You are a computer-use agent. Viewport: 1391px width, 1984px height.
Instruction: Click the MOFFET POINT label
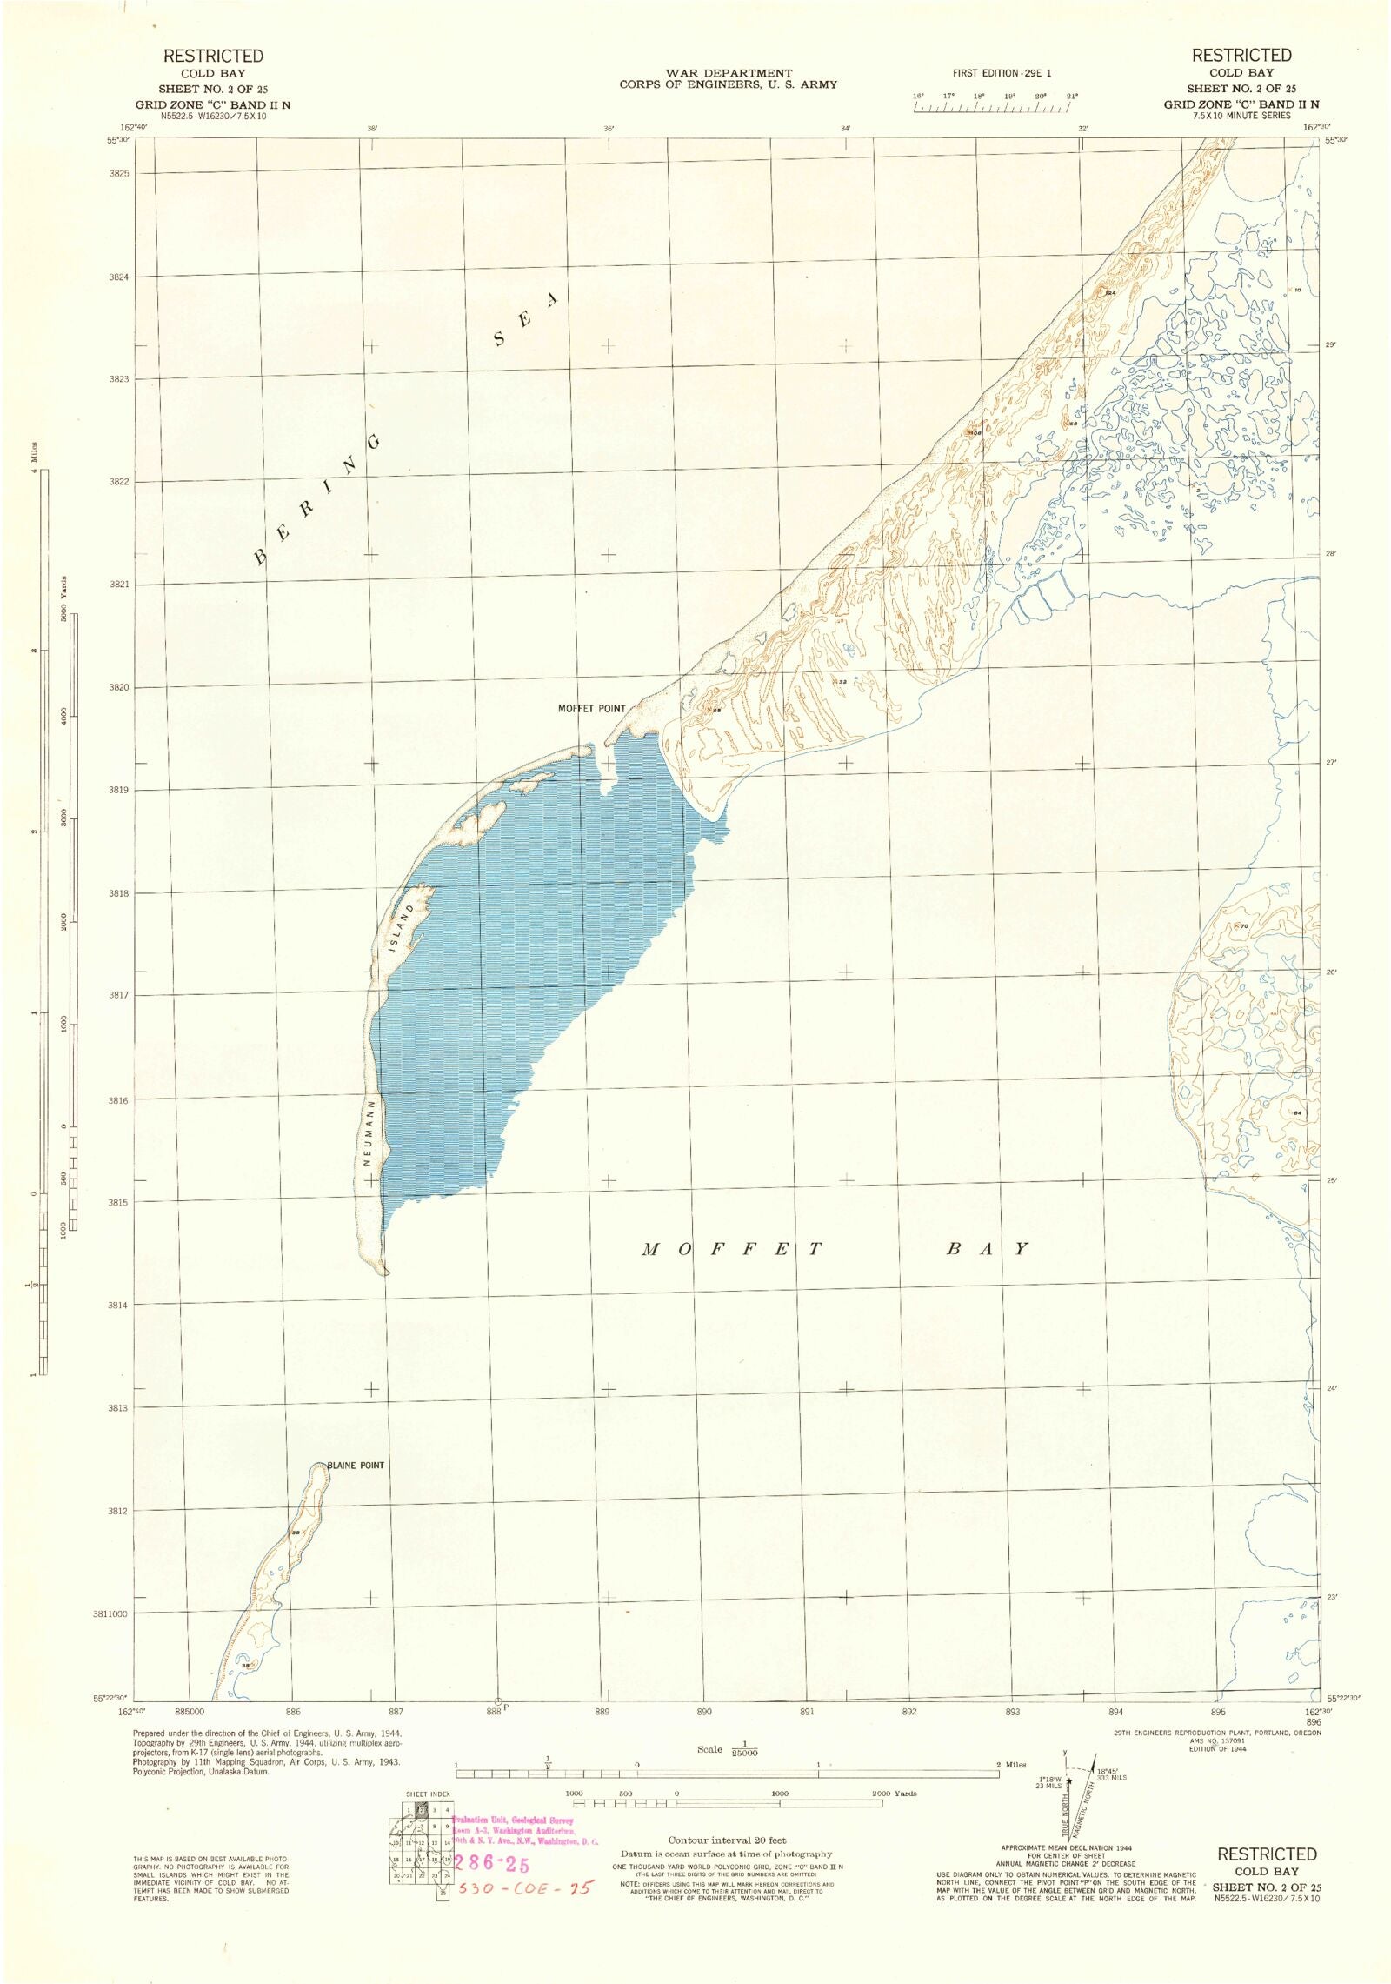(x=590, y=709)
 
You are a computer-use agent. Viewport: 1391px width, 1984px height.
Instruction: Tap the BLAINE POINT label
(x=356, y=1466)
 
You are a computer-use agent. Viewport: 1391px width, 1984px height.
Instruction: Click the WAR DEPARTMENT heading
(x=728, y=73)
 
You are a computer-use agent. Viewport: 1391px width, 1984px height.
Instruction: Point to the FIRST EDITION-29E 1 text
(x=1008, y=74)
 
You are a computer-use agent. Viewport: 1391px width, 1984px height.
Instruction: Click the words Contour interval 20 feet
(x=727, y=1840)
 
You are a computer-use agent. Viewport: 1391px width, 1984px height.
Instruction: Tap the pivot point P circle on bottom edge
(x=498, y=1700)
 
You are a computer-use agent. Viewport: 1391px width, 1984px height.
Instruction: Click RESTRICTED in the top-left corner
(x=213, y=56)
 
